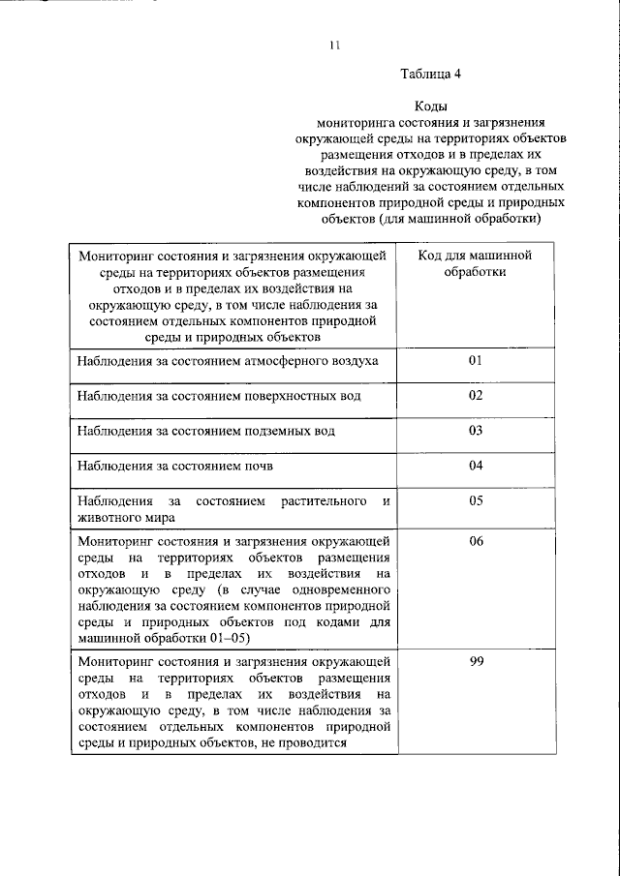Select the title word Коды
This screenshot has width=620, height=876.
click(431, 107)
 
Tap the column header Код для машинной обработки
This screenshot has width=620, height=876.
click(475, 264)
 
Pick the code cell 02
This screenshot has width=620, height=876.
click(475, 396)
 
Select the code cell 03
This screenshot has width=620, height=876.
click(475, 431)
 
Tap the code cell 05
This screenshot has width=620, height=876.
click(475, 501)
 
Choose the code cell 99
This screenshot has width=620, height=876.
click(475, 660)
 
